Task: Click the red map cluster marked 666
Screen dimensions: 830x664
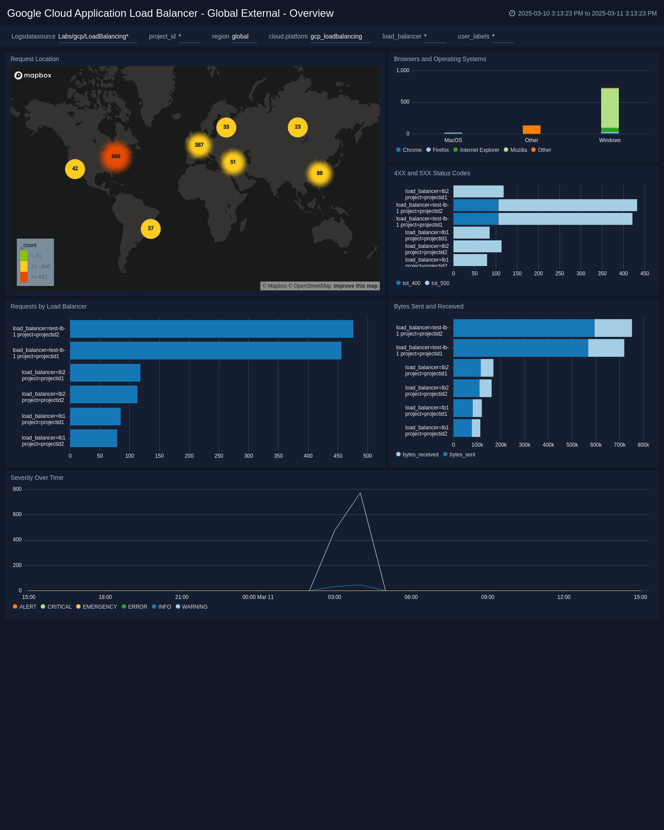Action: [116, 156]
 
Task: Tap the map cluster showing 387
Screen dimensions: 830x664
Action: [199, 145]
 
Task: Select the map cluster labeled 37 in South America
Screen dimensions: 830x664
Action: [151, 229]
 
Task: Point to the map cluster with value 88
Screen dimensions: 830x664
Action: [319, 173]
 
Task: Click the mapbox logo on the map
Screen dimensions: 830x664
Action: [33, 75]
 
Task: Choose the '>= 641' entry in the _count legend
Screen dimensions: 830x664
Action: [39, 277]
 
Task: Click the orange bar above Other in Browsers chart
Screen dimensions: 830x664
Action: [531, 130]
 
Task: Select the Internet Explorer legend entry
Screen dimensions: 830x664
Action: [479, 150]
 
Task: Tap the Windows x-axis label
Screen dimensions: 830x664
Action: [610, 140]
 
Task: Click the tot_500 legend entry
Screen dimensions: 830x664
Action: [440, 283]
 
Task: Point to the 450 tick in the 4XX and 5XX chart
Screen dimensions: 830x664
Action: [644, 274]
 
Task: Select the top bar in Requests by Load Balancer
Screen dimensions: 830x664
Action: [212, 329]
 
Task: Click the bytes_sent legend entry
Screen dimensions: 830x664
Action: [462, 455]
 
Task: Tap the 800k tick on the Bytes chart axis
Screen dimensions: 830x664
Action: [643, 445]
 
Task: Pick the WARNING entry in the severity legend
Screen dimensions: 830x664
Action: [194, 607]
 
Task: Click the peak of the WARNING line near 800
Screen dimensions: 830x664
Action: [360, 493]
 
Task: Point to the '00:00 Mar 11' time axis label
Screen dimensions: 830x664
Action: [258, 597]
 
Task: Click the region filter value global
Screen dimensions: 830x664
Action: [240, 36]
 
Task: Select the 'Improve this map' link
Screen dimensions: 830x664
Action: [355, 286]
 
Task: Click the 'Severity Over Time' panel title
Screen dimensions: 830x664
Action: [37, 478]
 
